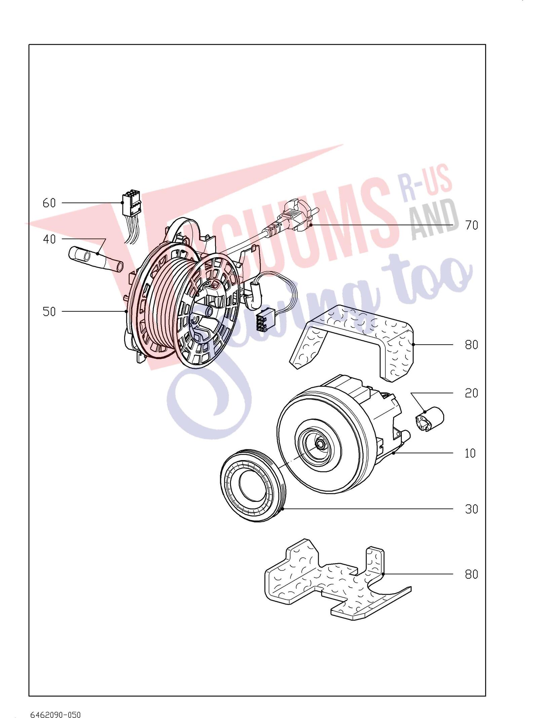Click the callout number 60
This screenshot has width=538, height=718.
[x=49, y=203]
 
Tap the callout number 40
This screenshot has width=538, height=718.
[x=49, y=239]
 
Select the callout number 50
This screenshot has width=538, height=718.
[x=49, y=312]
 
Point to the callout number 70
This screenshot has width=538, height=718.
[x=471, y=225]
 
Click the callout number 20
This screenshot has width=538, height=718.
[x=471, y=393]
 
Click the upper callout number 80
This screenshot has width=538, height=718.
[x=471, y=345]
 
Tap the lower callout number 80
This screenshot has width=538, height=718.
[x=471, y=574]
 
